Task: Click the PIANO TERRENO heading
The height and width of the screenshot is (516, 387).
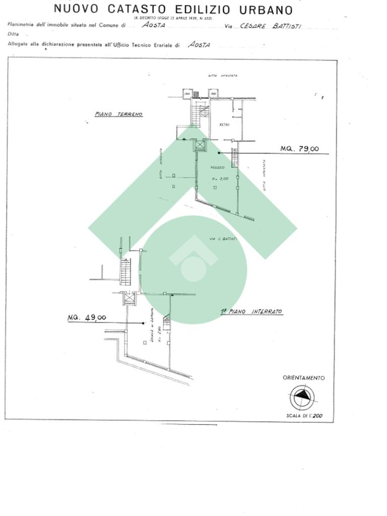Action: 119,114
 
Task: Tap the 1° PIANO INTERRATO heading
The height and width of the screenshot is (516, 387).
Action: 251,312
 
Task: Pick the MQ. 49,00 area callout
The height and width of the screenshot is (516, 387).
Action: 87,317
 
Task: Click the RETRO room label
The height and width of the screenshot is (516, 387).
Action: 224,124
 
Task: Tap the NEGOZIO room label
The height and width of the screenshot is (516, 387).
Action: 218,167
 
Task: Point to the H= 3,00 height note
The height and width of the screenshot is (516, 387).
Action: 220,178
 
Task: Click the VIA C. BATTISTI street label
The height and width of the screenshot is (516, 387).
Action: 223,238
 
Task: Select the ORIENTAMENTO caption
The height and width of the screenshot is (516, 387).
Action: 303,377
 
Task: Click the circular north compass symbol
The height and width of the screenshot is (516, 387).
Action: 302,397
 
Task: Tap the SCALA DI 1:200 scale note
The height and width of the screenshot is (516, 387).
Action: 304,416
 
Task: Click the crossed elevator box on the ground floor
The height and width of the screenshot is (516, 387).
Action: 201,145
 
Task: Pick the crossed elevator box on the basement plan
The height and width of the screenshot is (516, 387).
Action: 130,298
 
